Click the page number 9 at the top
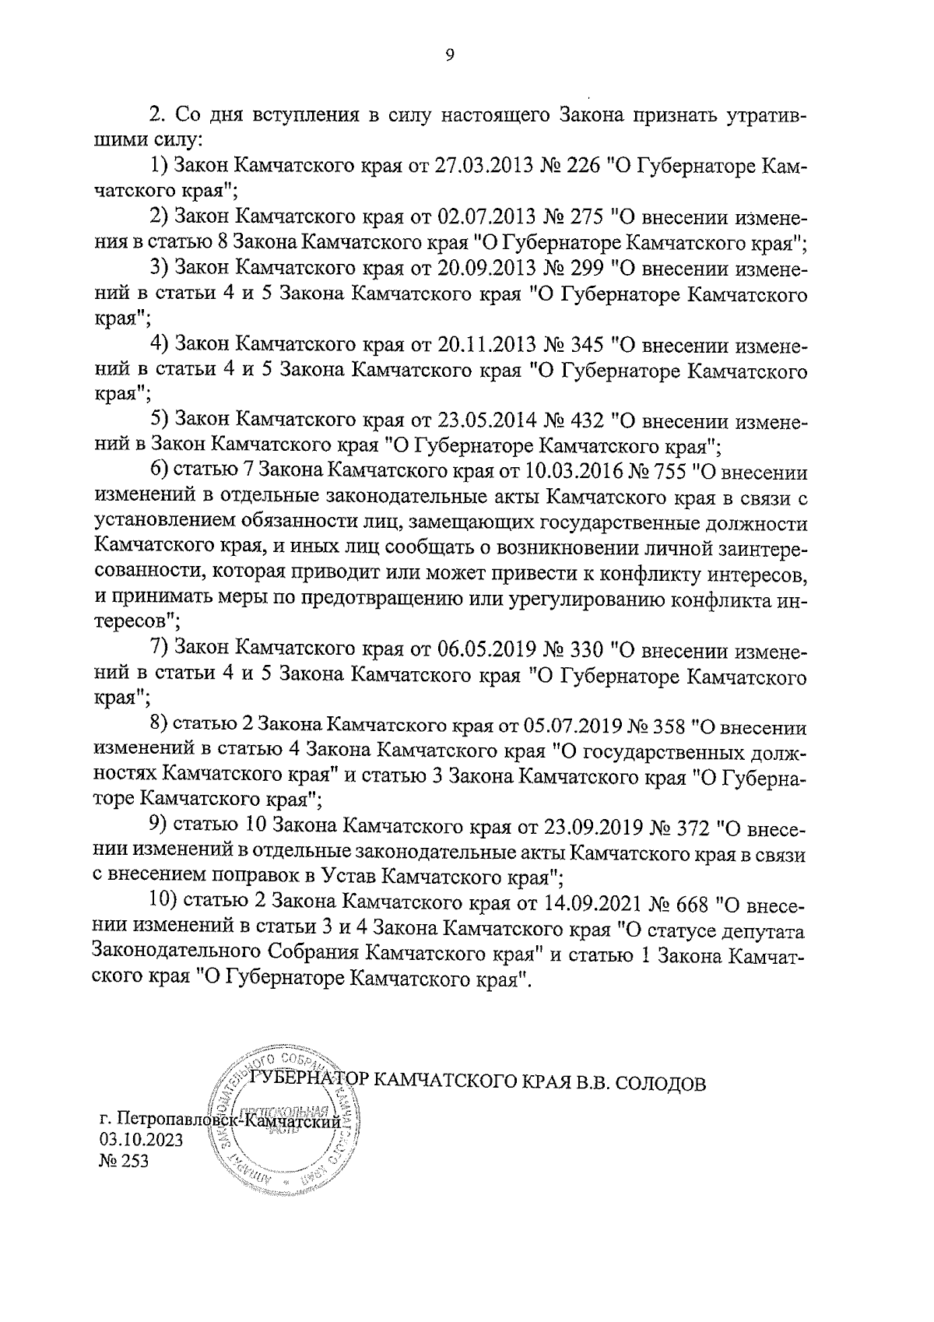tap(449, 54)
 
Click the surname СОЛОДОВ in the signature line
tap(663, 1083)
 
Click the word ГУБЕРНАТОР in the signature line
tap(310, 1083)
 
